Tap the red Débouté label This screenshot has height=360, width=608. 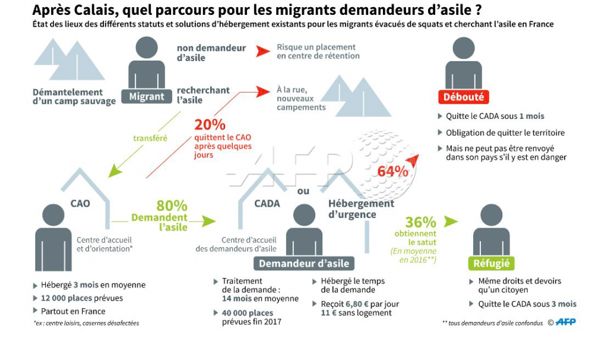[x=463, y=97]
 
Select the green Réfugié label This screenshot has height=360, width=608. [x=491, y=263]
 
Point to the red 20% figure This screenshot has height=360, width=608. [x=210, y=125]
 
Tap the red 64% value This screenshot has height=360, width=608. [x=393, y=171]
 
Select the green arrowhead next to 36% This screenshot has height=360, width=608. [x=451, y=222]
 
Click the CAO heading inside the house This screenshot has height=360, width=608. [x=80, y=203]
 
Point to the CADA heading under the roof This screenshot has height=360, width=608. [x=267, y=203]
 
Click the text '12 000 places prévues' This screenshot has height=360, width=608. [x=82, y=298]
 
